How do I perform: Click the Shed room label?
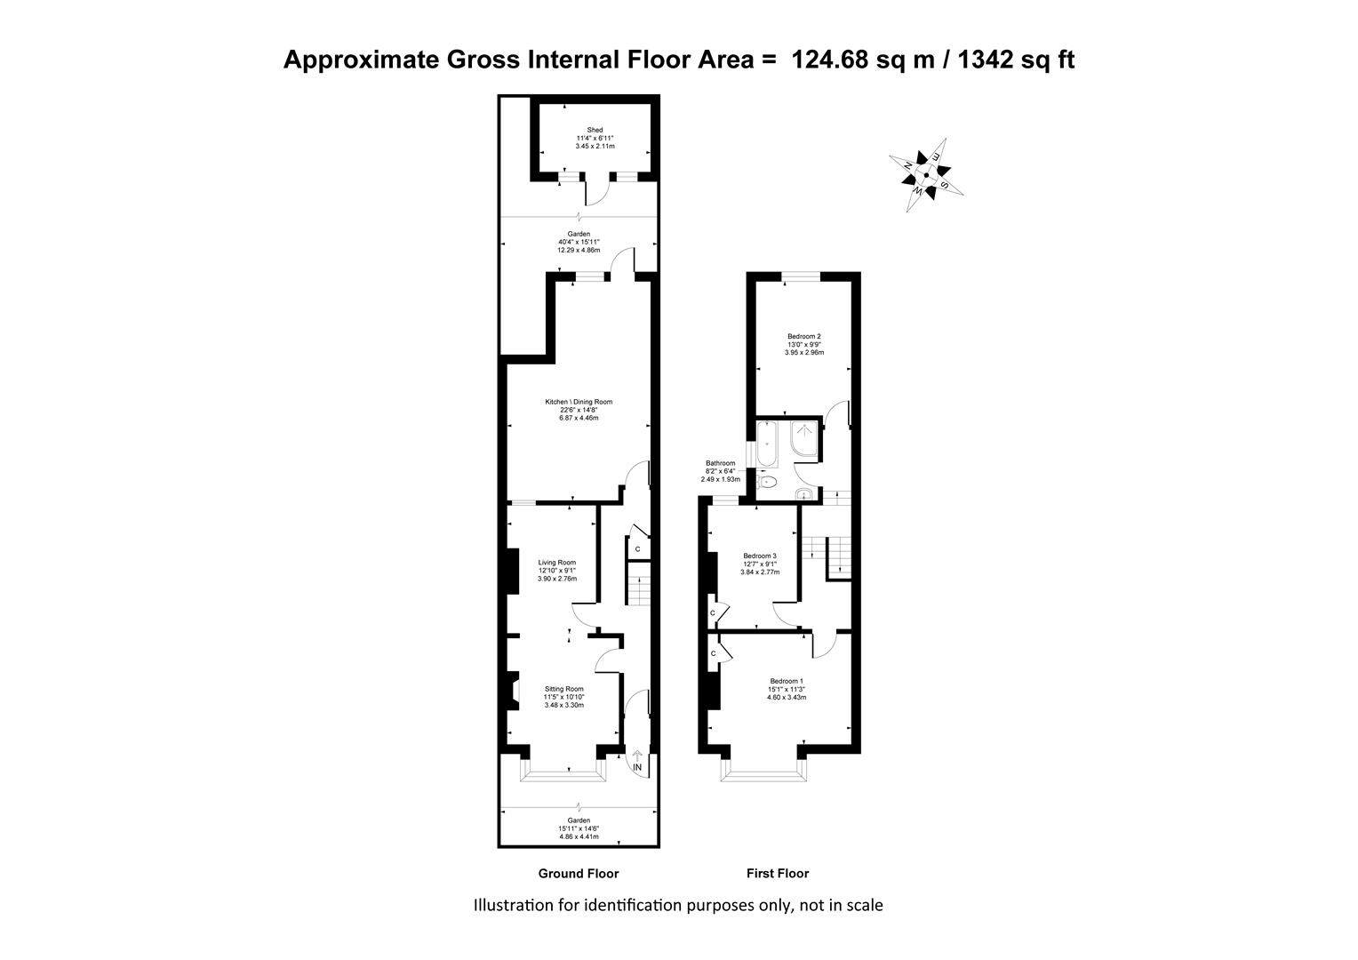tap(595, 130)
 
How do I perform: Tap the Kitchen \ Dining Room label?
tap(579, 402)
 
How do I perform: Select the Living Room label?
tap(556, 562)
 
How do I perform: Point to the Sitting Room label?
tap(563, 689)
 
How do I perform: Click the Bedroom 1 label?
tap(787, 681)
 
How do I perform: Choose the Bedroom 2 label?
tap(804, 337)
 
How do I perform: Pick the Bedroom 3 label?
tap(760, 556)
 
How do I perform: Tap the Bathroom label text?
tap(720, 463)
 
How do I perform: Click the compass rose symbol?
tap(926, 175)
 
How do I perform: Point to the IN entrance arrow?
tap(637, 761)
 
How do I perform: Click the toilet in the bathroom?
tap(767, 483)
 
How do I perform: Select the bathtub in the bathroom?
tap(767, 444)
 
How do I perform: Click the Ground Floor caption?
tap(579, 874)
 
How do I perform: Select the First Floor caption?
tap(778, 874)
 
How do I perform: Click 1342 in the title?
tap(985, 60)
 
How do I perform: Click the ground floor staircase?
tap(638, 584)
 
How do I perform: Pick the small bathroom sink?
tap(804, 493)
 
